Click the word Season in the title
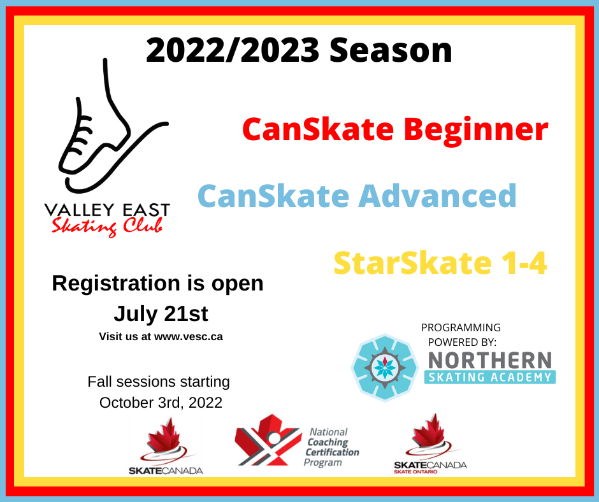[x=391, y=50]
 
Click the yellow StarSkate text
[x=412, y=263]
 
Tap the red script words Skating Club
[x=107, y=227]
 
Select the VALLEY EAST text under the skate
[x=107, y=210]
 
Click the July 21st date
[x=161, y=314]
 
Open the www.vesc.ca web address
[x=189, y=336]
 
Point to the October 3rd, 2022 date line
[x=161, y=403]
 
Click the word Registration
[x=116, y=284]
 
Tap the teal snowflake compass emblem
[x=385, y=367]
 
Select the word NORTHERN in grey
[x=490, y=361]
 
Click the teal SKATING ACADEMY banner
[x=490, y=377]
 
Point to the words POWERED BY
[x=462, y=342]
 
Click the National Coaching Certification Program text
[x=331, y=447]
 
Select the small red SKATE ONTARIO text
[x=415, y=472]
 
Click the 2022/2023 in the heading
[x=233, y=50]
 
